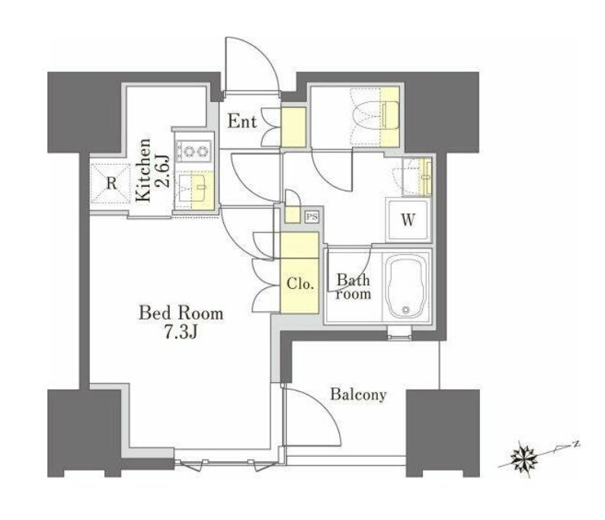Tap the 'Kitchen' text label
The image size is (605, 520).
(x=143, y=170)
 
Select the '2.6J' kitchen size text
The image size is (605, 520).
(x=163, y=171)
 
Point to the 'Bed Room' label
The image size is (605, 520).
(x=181, y=313)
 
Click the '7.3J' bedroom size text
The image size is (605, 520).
(x=181, y=332)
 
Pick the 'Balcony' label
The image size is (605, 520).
(x=358, y=394)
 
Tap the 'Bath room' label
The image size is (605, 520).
(x=353, y=287)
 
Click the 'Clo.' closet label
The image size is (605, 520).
(x=299, y=284)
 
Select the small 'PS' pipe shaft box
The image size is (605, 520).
(x=312, y=217)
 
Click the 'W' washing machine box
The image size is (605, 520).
(x=408, y=220)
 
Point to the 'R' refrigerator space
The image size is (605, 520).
(x=111, y=183)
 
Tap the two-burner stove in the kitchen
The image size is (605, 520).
(x=194, y=151)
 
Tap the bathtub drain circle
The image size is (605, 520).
(x=405, y=310)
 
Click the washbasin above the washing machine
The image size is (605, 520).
(x=417, y=176)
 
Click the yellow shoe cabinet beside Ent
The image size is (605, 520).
(x=293, y=127)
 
